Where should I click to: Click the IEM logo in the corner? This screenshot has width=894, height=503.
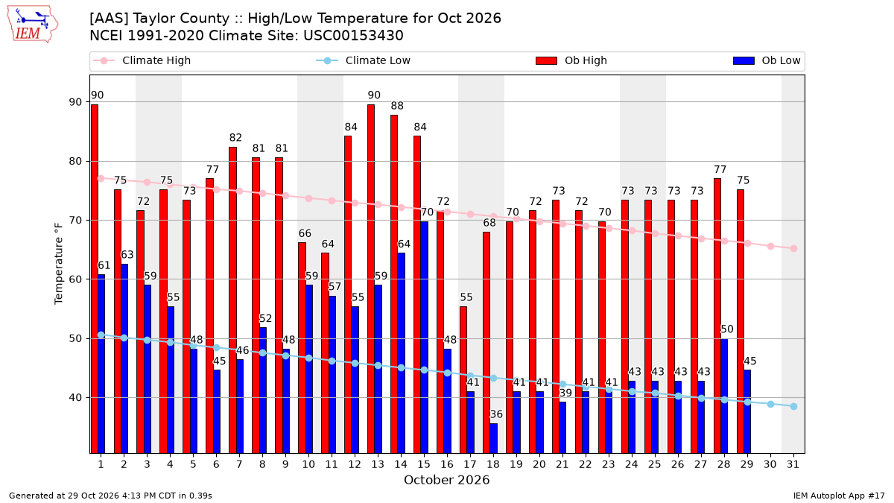[x=32, y=25]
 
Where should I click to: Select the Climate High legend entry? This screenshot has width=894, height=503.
[x=142, y=60]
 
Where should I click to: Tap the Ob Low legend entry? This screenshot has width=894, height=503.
[x=767, y=60]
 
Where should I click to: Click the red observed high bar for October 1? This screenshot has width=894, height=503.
[x=95, y=279]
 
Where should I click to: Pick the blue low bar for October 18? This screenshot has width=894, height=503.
[x=494, y=438]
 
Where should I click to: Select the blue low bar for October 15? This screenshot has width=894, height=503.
[x=424, y=338]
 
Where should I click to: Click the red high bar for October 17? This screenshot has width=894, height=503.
[x=463, y=379]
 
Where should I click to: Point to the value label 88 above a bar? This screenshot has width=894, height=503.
[x=397, y=106]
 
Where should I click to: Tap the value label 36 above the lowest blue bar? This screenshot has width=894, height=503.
[x=496, y=414]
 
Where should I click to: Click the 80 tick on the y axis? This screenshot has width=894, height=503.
[x=75, y=161]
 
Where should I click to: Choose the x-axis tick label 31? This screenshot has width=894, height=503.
[x=793, y=464]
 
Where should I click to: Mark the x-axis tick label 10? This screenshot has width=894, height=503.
[x=308, y=464]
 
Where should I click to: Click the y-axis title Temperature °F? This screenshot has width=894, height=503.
[x=59, y=264]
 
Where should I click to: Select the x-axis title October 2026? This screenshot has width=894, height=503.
[x=446, y=480]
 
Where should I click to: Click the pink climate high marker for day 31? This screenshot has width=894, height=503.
[x=793, y=248]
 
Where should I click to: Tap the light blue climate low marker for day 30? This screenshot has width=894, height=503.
[x=770, y=404]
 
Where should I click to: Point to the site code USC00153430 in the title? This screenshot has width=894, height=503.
[x=353, y=36]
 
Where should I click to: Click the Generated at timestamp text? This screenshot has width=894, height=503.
[x=110, y=496]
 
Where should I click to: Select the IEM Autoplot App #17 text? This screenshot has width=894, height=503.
[x=839, y=496]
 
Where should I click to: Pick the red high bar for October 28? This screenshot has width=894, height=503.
[x=717, y=316]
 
